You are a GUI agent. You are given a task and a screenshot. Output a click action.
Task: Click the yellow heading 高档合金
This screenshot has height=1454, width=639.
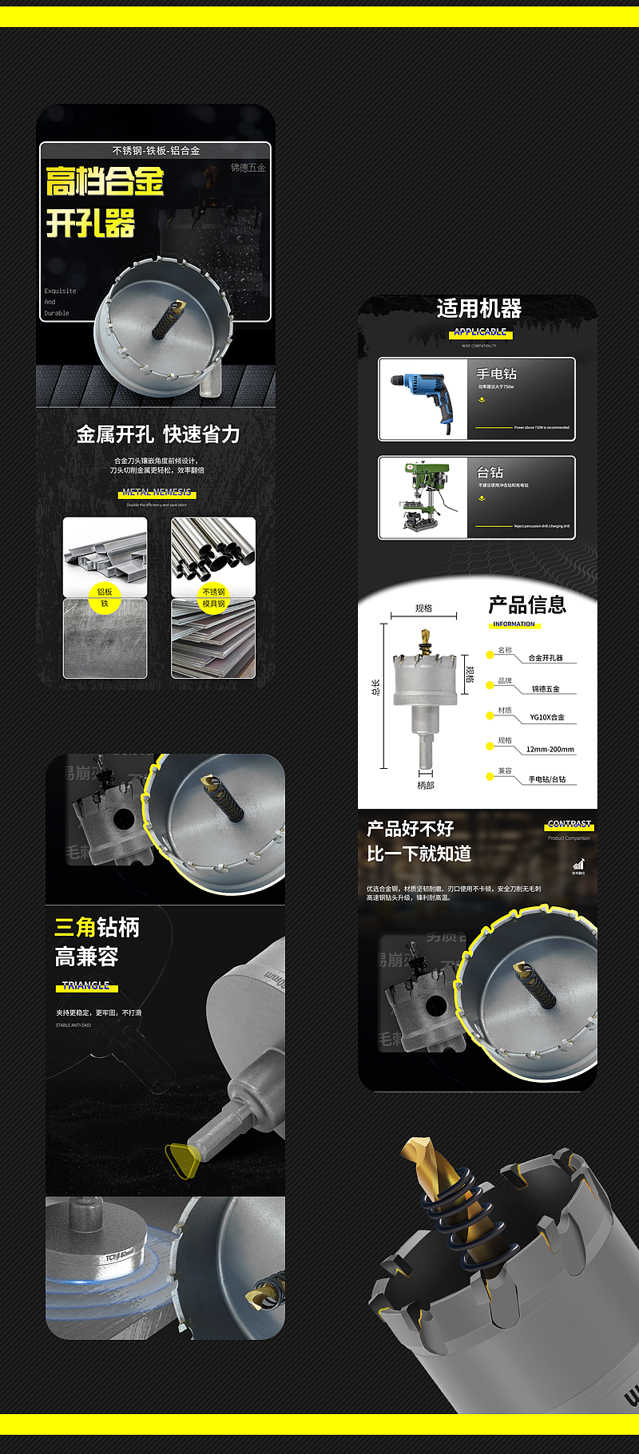105,181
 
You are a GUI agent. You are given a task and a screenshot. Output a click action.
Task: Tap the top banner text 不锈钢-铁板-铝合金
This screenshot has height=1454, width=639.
156,150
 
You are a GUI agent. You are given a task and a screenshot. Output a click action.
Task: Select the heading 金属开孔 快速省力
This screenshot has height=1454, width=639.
157,434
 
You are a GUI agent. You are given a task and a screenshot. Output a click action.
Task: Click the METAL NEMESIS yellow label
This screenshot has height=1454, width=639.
157,493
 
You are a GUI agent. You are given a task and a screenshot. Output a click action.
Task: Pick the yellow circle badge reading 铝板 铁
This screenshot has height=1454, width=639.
105,597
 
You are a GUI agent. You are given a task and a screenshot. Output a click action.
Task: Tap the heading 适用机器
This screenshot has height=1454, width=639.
478,308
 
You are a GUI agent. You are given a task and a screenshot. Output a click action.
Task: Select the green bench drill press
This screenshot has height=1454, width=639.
423,497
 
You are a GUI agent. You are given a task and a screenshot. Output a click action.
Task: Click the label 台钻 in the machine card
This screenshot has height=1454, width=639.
490,473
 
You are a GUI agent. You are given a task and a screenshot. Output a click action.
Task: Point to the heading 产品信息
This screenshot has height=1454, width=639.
527,604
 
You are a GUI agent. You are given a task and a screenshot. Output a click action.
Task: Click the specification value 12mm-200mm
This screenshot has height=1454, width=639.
550,750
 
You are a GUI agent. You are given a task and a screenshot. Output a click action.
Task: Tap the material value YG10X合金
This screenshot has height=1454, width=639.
547,717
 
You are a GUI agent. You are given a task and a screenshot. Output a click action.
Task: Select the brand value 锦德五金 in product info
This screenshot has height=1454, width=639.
546,688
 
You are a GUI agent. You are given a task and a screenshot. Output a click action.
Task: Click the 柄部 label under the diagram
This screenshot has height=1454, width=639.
426,786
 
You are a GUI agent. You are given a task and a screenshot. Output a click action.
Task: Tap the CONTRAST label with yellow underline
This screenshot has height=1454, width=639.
569,824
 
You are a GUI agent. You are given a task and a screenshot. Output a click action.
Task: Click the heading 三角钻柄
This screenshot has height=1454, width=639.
97,927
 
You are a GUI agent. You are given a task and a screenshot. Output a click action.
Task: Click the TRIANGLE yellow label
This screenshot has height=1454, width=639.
86,986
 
